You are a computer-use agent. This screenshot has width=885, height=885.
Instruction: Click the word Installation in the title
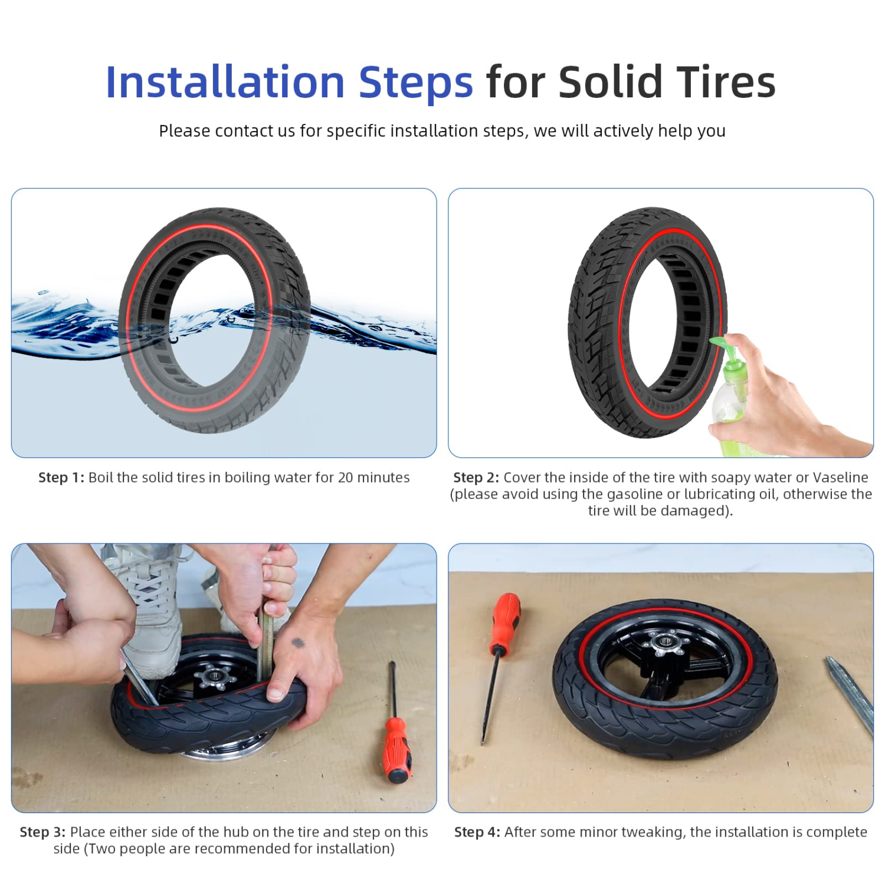pos(225,82)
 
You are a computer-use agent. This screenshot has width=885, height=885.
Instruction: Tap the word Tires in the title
pos(726,82)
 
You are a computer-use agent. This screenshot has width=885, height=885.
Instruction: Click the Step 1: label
pos(61,477)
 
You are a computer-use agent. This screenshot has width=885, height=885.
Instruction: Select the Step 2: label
pos(476,477)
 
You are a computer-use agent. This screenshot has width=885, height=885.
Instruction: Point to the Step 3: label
pos(42,832)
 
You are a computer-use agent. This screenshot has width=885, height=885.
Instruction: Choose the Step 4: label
pos(477,832)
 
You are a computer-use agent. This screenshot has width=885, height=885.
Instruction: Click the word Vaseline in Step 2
pos(841,477)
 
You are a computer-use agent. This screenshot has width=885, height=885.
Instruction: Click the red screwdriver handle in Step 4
pos(506,622)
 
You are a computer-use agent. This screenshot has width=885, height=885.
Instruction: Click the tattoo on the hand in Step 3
pos(298,643)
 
